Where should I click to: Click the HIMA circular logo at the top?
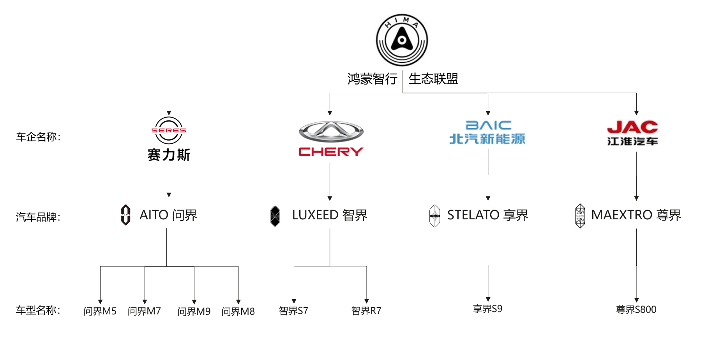(x=402, y=40)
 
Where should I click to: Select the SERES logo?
(x=169, y=138)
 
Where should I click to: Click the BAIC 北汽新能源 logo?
(x=487, y=132)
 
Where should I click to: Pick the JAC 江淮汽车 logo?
(x=632, y=133)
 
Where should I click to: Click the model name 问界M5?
(x=100, y=311)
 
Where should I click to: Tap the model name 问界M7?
(x=144, y=311)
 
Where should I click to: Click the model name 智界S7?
(x=293, y=311)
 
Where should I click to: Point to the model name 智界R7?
(x=366, y=311)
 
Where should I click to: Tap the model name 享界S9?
(x=487, y=309)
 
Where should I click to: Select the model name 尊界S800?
(x=636, y=310)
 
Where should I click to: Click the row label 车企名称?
(x=38, y=137)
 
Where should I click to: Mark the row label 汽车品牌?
(x=38, y=217)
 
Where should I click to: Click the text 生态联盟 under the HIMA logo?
(x=433, y=79)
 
